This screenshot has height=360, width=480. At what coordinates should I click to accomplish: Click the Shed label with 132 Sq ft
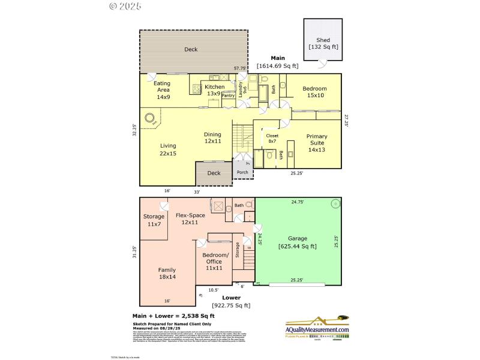(323, 43)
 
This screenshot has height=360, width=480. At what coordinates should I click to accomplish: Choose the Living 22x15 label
(168, 149)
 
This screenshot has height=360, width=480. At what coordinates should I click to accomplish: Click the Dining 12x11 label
(212, 138)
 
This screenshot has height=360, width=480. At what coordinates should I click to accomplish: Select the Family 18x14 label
(167, 274)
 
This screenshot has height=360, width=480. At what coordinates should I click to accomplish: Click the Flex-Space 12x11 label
(190, 218)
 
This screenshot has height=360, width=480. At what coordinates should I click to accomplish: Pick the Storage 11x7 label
(154, 220)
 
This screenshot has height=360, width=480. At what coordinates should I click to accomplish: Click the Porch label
(242, 173)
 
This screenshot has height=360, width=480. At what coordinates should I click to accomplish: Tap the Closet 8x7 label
(272, 139)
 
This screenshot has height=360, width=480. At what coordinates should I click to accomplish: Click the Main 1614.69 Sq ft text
(277, 62)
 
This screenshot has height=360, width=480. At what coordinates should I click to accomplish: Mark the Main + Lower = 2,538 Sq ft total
(173, 316)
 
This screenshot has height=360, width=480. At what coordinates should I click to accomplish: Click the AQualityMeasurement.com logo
(316, 329)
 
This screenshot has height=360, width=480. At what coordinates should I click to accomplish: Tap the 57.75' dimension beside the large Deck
(240, 68)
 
